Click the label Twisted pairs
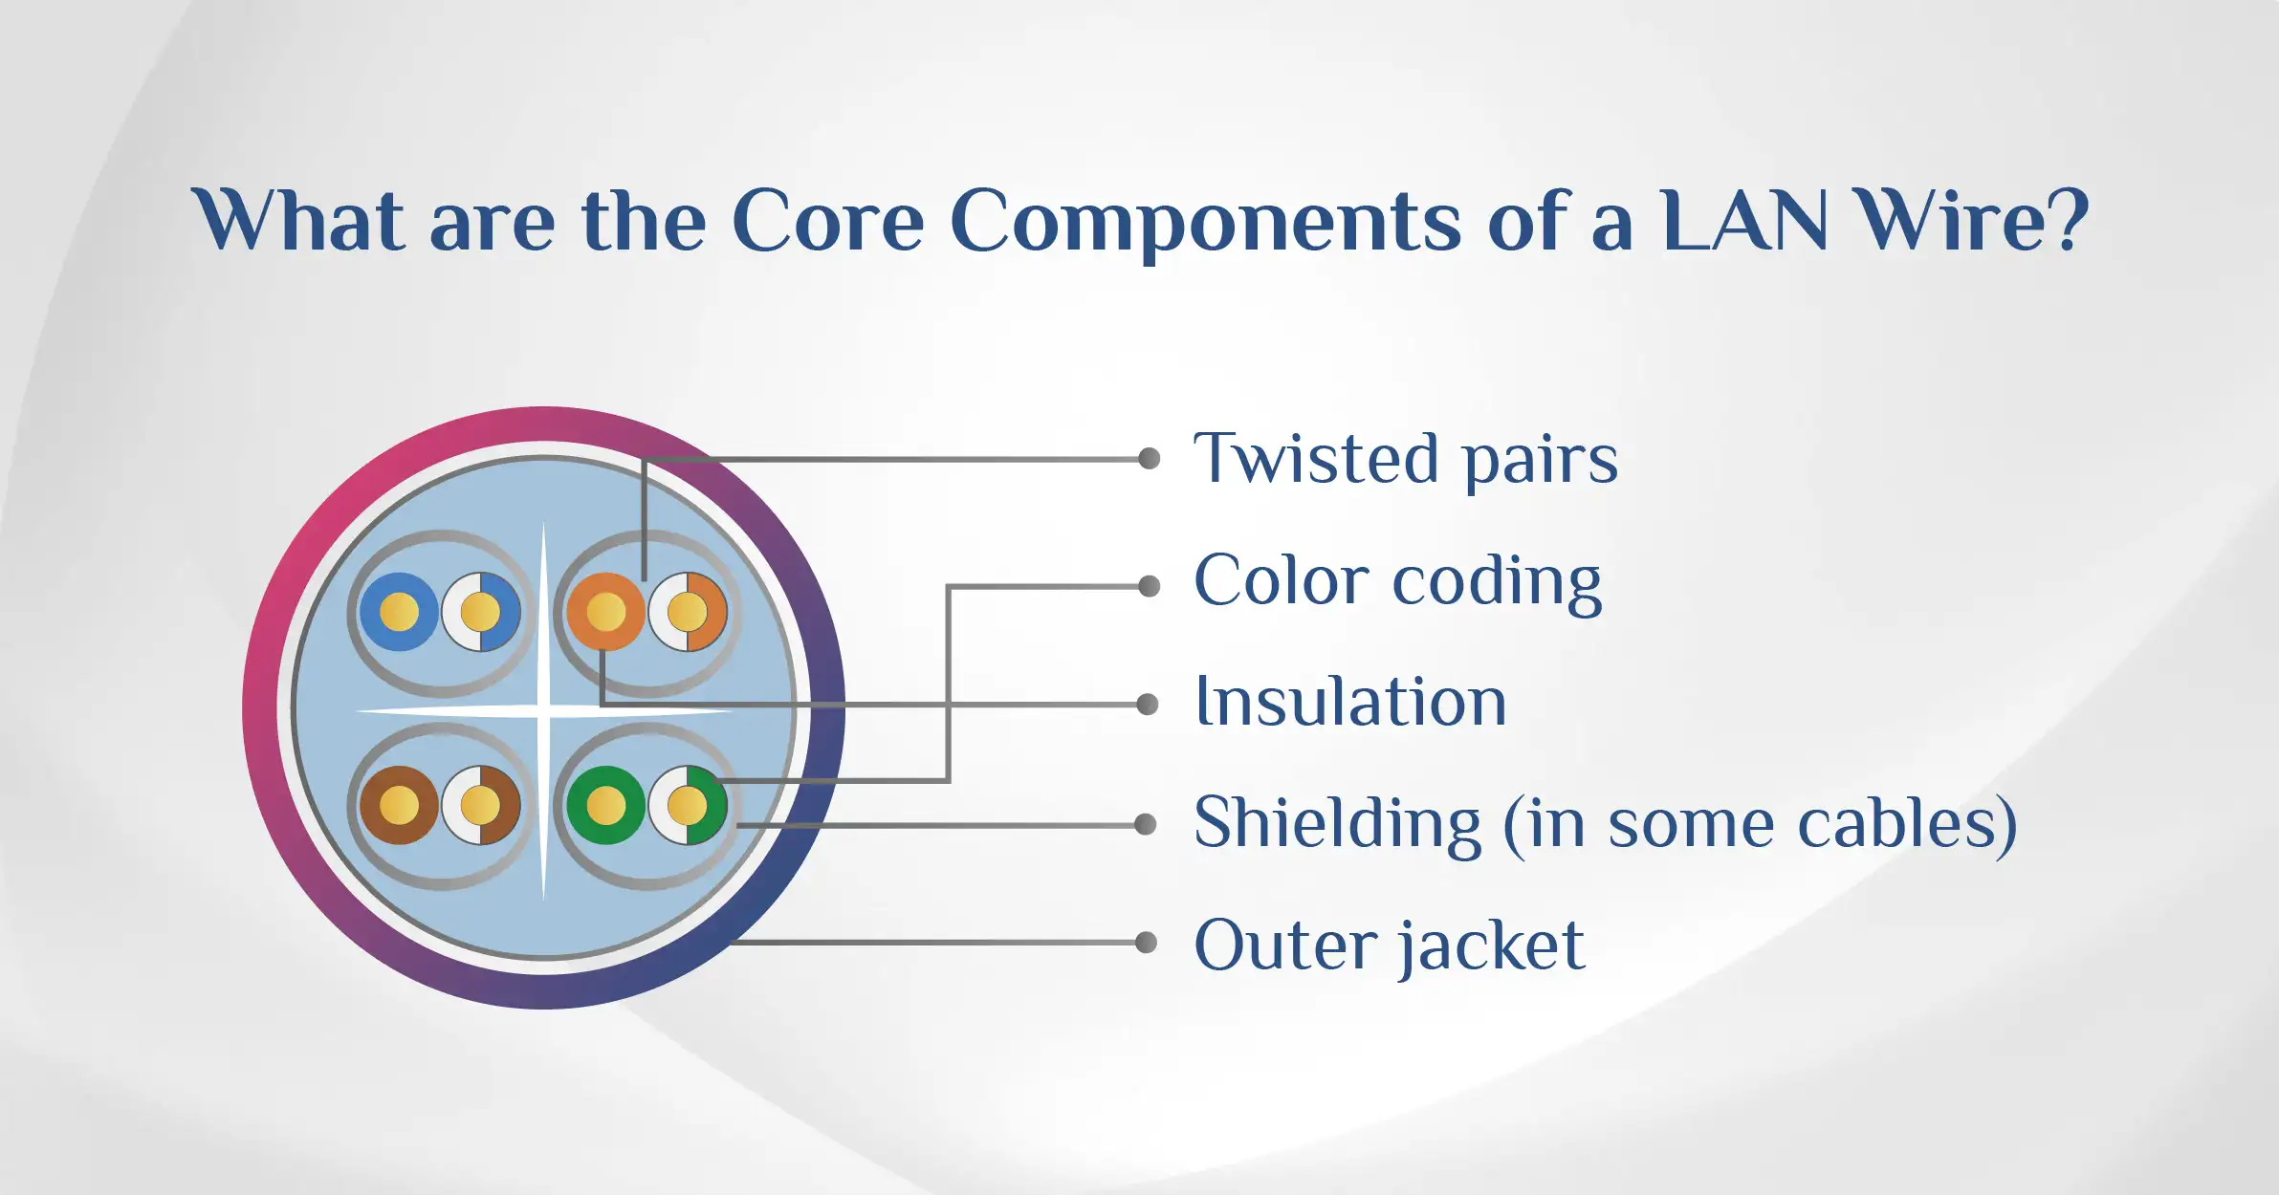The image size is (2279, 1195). click(1406, 460)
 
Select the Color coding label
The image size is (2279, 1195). click(1398, 581)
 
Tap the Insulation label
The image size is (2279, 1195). click(1351, 702)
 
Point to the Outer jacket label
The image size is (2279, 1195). click(1390, 945)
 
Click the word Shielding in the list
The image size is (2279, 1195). click(1338, 823)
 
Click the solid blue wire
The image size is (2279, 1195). click(399, 612)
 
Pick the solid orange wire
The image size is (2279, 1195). click(605, 612)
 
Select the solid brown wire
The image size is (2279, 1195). click(399, 805)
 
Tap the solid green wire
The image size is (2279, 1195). click(605, 805)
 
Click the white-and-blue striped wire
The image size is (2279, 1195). click(480, 612)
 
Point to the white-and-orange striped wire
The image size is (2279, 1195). click(688, 612)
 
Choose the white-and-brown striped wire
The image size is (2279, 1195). click(480, 805)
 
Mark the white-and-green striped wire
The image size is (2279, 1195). click(688, 805)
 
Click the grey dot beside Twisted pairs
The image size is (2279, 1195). click(1149, 459)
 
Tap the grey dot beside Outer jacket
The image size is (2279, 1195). click(1146, 943)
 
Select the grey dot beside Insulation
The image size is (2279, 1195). click(1148, 705)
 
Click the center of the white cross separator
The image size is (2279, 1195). click(544, 710)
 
